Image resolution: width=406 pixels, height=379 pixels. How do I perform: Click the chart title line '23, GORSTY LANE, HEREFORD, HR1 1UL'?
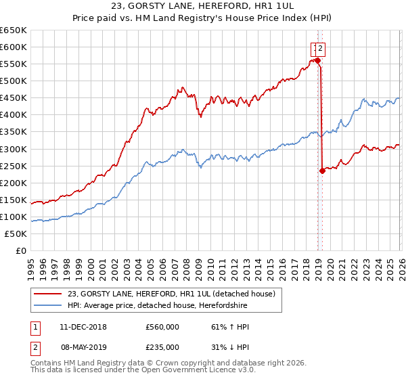(x=202, y=6)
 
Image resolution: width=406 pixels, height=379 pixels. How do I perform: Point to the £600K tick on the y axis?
(x=14, y=47)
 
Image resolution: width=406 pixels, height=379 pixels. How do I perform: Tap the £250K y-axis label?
(x=14, y=166)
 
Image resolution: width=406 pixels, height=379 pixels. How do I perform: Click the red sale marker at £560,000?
(x=317, y=60)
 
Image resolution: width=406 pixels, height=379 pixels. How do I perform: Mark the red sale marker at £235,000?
(x=322, y=171)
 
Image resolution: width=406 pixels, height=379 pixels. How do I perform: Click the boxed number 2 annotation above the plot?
(x=321, y=48)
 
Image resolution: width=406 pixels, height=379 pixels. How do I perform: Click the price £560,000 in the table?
(x=162, y=327)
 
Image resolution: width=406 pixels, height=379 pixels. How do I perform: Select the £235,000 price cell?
(x=162, y=347)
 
